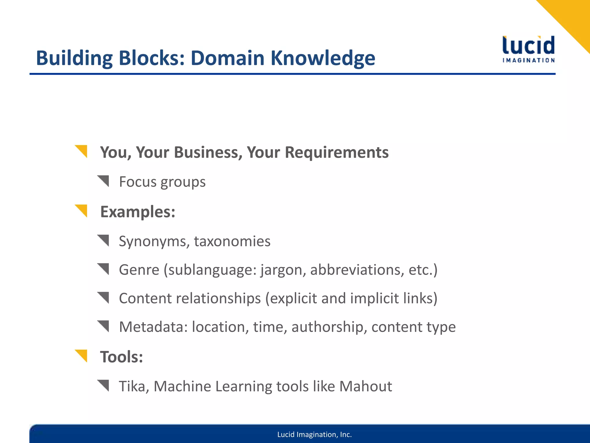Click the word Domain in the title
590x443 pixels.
(x=227, y=58)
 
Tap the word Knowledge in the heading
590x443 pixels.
(x=323, y=58)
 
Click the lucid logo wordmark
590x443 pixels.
(x=528, y=45)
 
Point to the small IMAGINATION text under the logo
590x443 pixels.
(x=528, y=60)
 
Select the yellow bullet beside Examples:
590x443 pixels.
(x=82, y=210)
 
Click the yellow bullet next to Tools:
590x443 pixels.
(x=82, y=355)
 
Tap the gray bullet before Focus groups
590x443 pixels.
(x=104, y=181)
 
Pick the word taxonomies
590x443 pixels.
(x=232, y=241)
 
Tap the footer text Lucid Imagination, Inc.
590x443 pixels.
(x=314, y=434)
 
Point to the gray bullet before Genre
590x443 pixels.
(x=104, y=269)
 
